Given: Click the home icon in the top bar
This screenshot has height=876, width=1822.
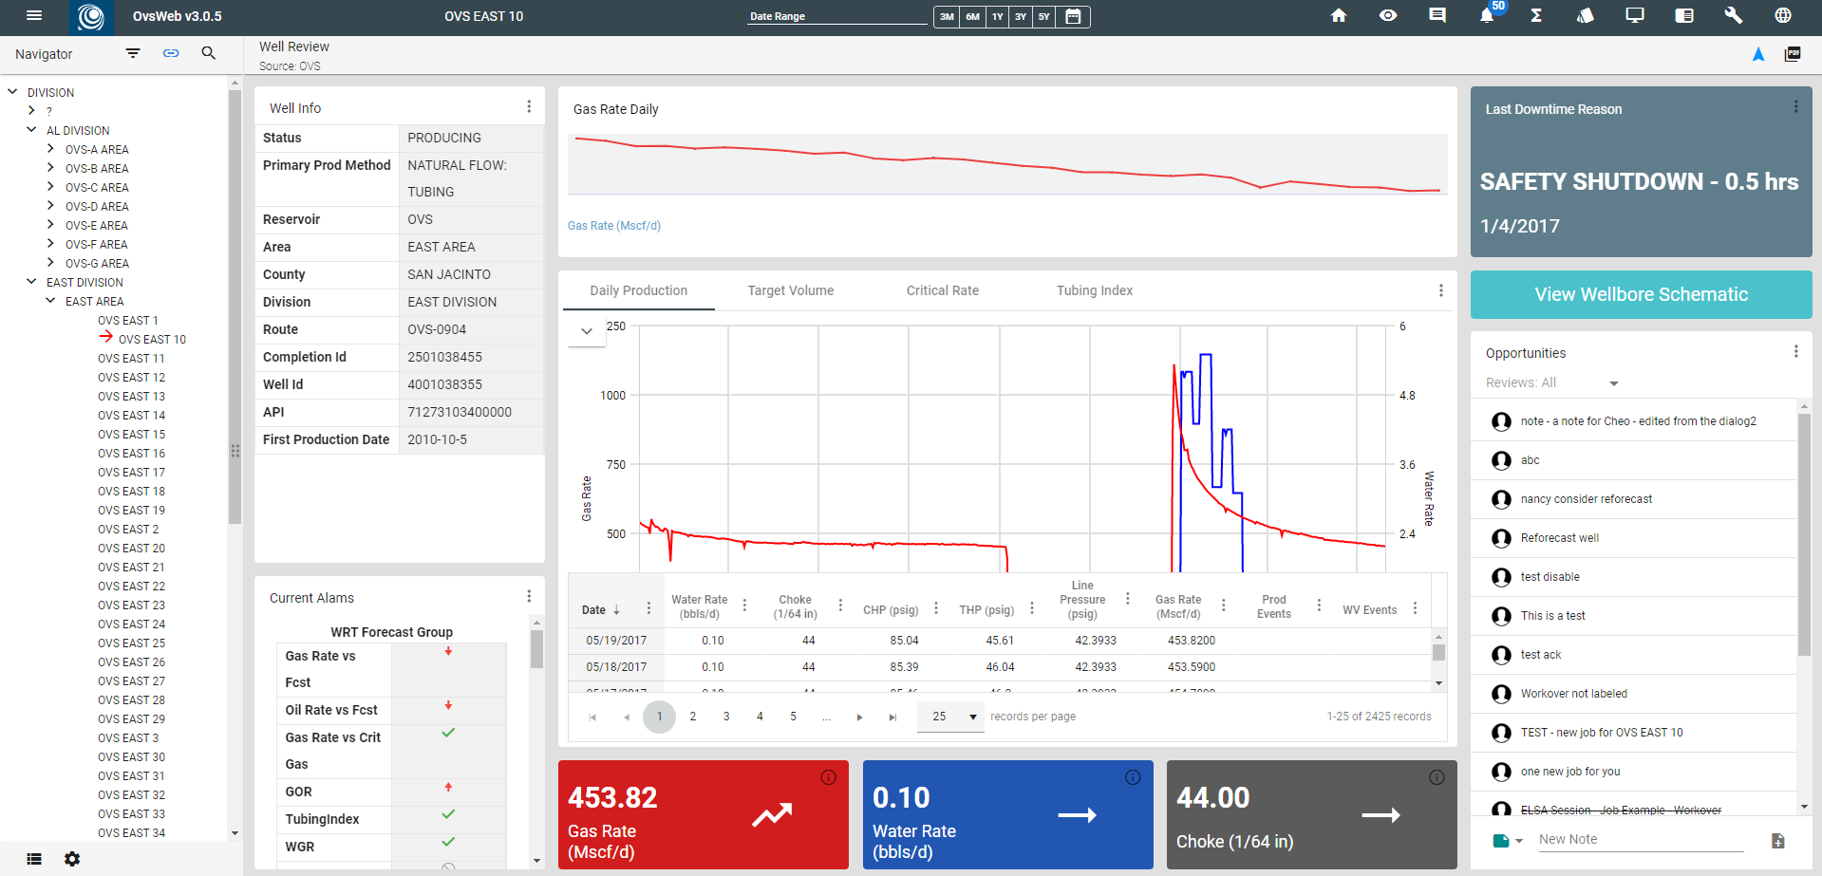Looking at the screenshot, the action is tap(1339, 15).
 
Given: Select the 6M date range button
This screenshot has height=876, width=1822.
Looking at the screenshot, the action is tap(972, 16).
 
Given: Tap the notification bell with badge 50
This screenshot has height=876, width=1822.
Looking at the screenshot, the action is tap(1487, 15).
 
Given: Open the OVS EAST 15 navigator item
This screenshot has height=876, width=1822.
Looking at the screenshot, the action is tap(131, 434).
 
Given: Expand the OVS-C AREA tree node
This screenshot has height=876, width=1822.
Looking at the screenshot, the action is tap(50, 187).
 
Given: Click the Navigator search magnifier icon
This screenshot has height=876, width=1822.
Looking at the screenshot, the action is tap(209, 53).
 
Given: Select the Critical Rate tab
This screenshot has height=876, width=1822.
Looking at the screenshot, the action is tap(942, 290).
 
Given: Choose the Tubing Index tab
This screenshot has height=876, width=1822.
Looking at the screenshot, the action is tap(1094, 290).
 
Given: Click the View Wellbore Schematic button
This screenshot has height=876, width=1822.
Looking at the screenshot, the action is tap(1641, 294).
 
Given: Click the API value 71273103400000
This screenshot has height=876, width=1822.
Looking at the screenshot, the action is tap(460, 412).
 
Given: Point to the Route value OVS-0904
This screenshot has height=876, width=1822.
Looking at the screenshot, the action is tap(437, 329).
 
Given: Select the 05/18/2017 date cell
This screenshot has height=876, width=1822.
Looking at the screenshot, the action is tap(616, 667).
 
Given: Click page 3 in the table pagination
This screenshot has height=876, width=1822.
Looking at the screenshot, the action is tap(726, 717).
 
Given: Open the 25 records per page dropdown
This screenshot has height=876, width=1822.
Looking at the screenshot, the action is tap(949, 717).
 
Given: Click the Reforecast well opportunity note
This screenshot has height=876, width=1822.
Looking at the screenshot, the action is tap(1559, 538).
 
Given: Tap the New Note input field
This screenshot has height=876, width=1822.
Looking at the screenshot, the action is tap(1640, 839).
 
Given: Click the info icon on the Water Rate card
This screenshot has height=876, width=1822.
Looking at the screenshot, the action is tap(1133, 777).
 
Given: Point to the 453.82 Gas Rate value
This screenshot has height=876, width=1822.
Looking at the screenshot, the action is tap(612, 797).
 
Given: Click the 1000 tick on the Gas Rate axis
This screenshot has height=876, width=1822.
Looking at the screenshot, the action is tap(612, 395).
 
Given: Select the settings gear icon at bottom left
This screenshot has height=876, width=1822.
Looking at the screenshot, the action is tap(72, 859).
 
